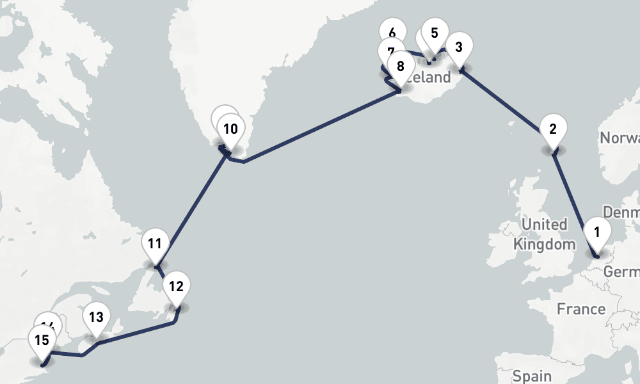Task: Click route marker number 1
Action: point(597,232)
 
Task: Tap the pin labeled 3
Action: point(458,47)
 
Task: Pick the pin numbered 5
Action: point(435,33)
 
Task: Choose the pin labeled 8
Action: point(401,66)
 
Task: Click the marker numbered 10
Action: point(230,129)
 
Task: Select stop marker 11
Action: point(154,243)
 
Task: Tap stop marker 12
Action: point(177,286)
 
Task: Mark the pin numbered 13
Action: point(96,317)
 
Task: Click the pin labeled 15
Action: point(42,340)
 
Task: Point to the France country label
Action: point(580,309)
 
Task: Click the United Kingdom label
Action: point(545,234)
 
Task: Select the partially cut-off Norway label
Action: point(620,138)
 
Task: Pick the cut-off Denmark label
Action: point(621,212)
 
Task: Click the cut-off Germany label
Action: point(622,272)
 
